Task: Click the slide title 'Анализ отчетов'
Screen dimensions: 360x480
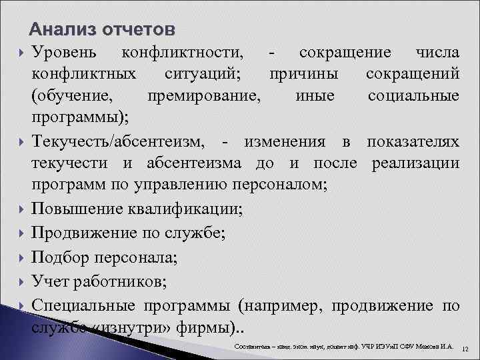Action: point(103,30)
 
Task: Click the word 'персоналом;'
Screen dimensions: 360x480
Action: point(281,186)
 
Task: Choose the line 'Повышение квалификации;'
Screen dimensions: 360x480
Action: point(137,209)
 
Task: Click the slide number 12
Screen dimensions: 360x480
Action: point(465,349)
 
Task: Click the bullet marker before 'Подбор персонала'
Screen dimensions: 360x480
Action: point(22,257)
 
